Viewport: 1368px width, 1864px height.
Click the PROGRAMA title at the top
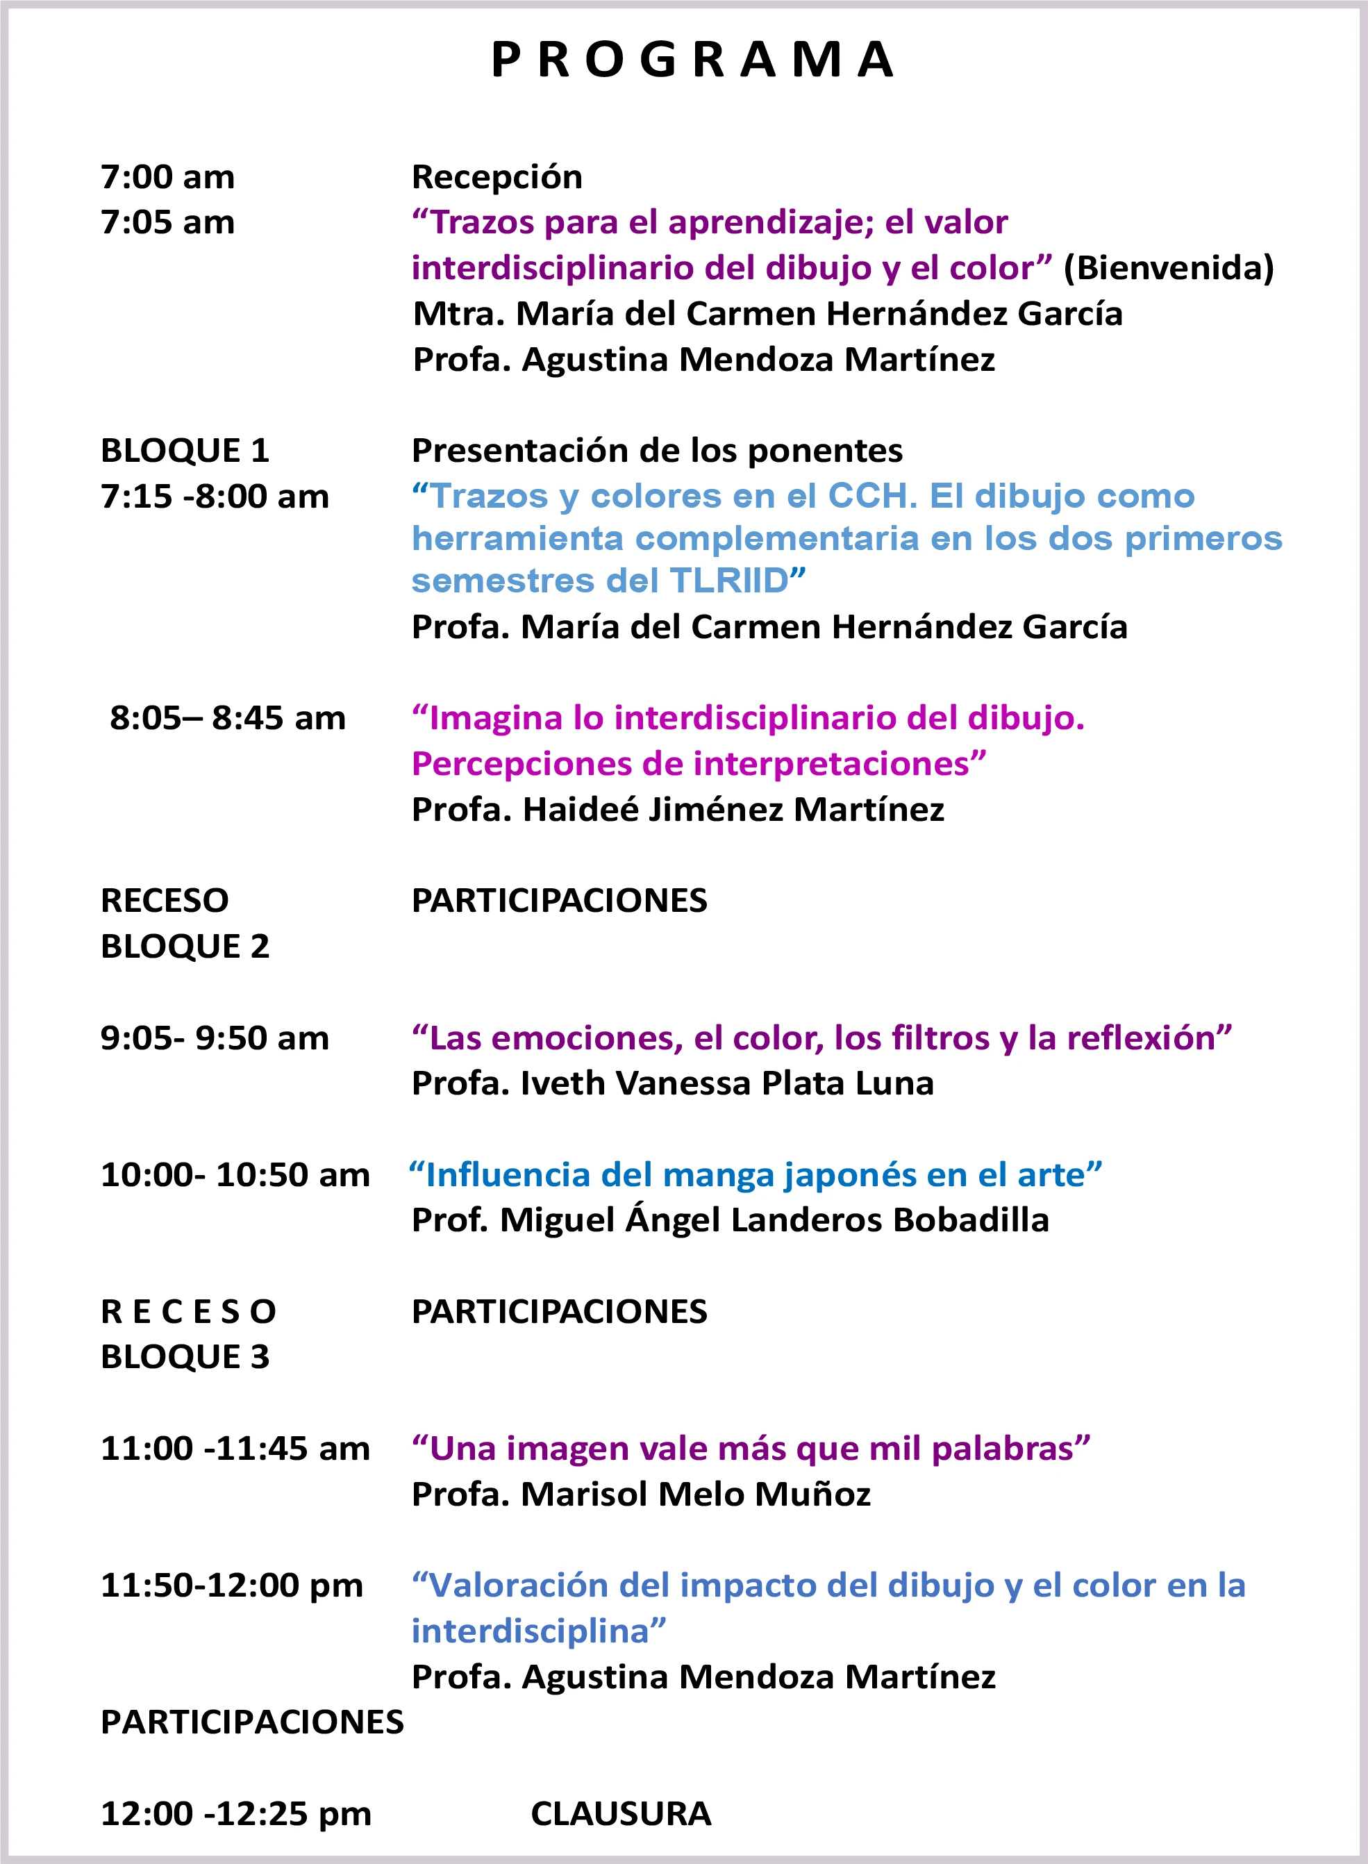692,60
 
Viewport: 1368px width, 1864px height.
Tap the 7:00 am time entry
167,177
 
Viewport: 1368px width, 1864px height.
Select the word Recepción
497,177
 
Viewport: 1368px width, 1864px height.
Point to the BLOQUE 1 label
185,451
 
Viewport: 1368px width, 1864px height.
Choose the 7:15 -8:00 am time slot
215,496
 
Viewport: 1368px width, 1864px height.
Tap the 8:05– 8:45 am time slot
227,718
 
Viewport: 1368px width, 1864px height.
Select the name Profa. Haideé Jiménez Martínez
677,809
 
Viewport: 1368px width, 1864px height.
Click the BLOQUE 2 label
185,946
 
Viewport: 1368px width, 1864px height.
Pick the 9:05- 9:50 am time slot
215,1038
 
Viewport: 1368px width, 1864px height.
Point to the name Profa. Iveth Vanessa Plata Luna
672,1083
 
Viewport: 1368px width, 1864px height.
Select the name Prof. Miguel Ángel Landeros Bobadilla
730,1220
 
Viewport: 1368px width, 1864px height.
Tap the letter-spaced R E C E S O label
188,1312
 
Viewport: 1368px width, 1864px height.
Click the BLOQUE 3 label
185,1356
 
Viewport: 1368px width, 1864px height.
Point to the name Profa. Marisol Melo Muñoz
641,1494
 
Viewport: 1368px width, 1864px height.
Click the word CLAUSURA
620,1813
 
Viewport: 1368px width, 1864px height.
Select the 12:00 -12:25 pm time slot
235,1813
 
